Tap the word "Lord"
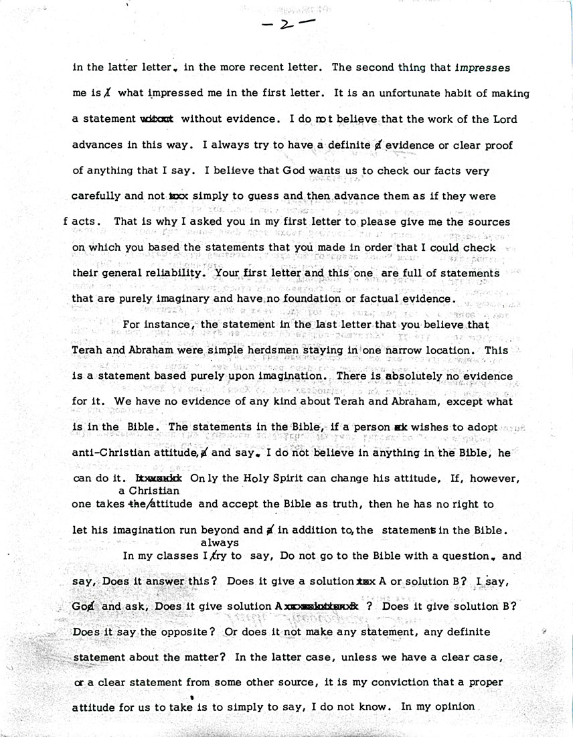tap(505, 119)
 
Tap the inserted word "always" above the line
tap(220, 543)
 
